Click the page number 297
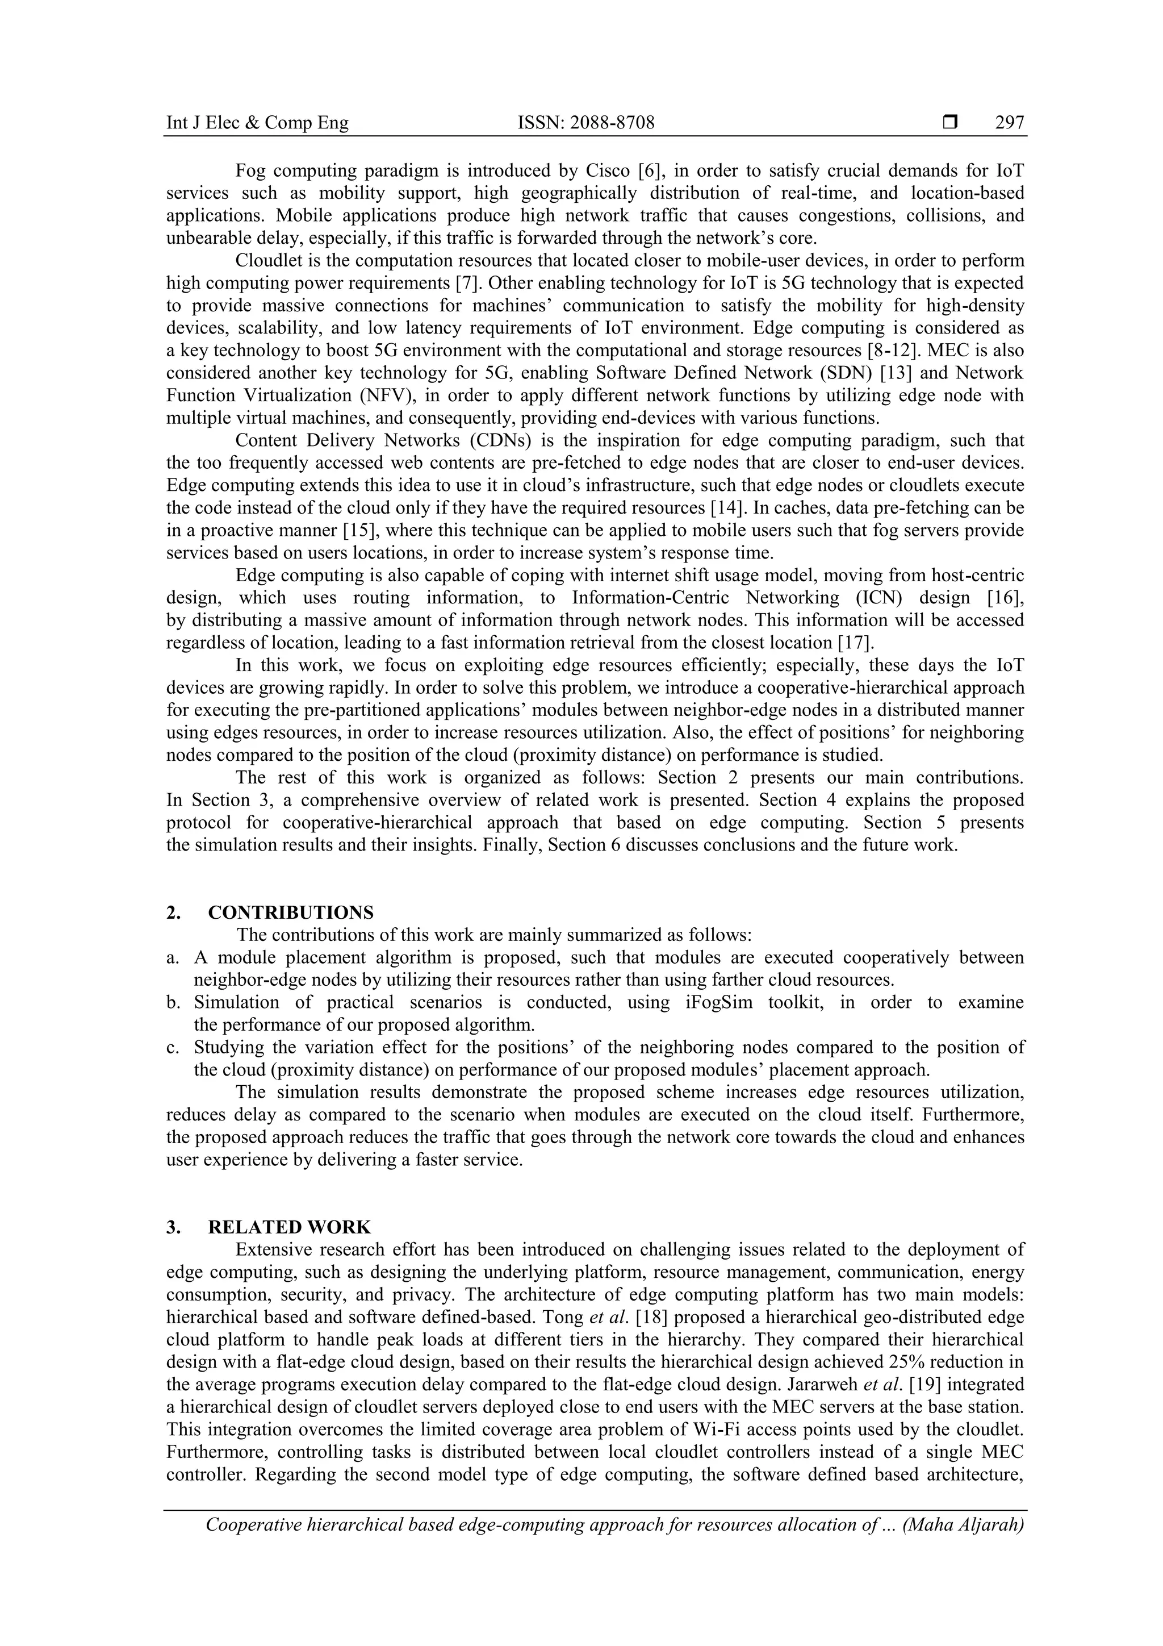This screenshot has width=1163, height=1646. click(1009, 123)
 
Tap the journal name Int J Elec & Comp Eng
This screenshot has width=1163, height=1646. click(257, 123)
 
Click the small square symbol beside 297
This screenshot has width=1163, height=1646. click(950, 123)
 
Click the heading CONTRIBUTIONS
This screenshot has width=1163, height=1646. click(291, 912)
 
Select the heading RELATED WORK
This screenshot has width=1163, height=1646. click(290, 1227)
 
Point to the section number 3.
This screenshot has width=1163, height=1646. click(172, 1227)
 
